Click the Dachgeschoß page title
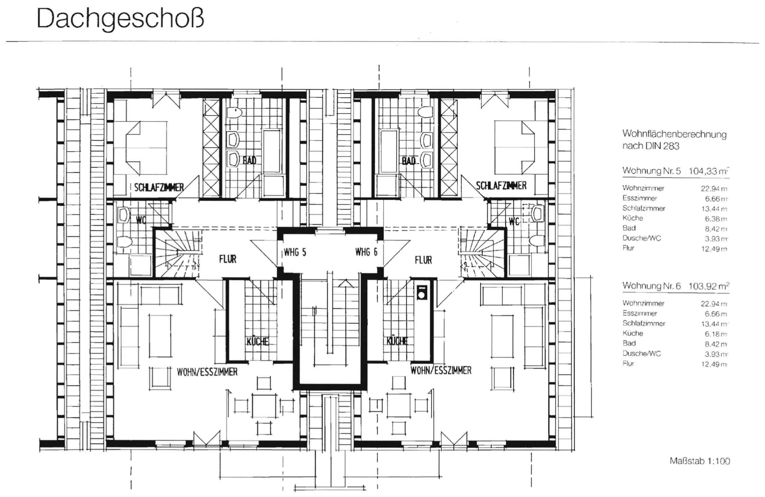[x=120, y=19]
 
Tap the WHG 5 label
[x=295, y=253]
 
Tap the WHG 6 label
[x=366, y=252]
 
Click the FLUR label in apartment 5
[x=228, y=259]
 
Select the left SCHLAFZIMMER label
[x=159, y=187]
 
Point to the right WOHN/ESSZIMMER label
[x=441, y=370]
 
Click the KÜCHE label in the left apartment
[x=257, y=341]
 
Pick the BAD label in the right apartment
[x=408, y=161]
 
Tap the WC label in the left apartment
[x=141, y=220]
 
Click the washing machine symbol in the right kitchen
[x=422, y=292]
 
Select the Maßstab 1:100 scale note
[x=700, y=461]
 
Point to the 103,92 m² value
[x=708, y=286]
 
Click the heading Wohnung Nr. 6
[x=651, y=286]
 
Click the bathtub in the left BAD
[x=272, y=151]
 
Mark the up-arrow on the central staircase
[x=346, y=284]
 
